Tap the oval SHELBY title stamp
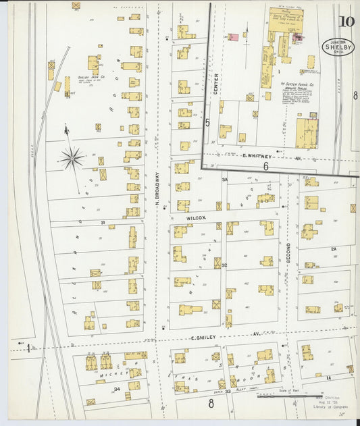click(x=338, y=47)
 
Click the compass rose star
click(x=71, y=158)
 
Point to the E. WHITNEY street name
click(x=257, y=155)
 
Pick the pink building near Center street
click(x=234, y=38)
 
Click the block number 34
click(x=117, y=390)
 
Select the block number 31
click(x=103, y=222)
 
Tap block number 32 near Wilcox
click(x=224, y=265)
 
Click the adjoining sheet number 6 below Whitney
click(x=266, y=165)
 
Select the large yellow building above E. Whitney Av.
click(x=306, y=133)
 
